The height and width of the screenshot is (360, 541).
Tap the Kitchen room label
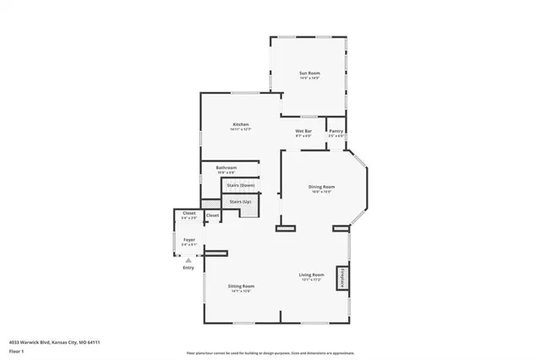(241, 125)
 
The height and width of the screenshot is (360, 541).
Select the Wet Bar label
(303, 131)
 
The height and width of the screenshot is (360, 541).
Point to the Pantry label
(336, 131)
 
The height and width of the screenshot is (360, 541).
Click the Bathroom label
(226, 167)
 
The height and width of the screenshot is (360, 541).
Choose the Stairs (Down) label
(241, 185)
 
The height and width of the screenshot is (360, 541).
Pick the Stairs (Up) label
(241, 202)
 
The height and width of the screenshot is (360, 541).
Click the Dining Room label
(322, 186)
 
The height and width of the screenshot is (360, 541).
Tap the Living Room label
(311, 275)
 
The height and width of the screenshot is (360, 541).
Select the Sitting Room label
(241, 286)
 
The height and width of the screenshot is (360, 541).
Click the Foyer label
(189, 240)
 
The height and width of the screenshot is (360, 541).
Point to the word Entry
(188, 268)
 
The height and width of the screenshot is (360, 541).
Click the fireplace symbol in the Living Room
(343, 278)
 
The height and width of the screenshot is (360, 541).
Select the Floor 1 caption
(15, 350)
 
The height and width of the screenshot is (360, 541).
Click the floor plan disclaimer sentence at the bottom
(270, 352)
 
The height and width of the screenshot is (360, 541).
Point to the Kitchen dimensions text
(241, 130)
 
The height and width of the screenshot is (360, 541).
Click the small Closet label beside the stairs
(212, 215)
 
